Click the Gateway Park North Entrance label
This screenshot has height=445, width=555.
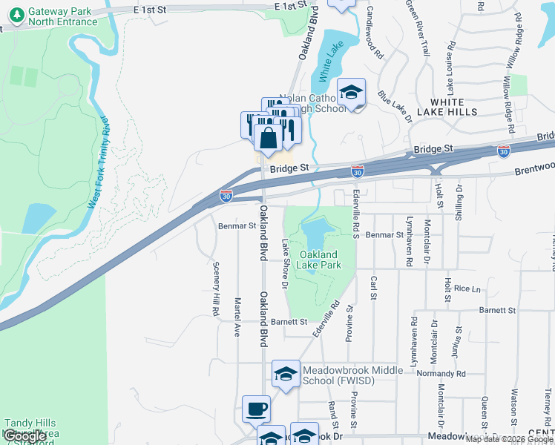coord(63,17)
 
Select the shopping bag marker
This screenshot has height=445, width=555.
coord(268,137)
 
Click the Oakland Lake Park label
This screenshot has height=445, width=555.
coord(320,260)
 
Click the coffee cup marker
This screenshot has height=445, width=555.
coord(257,409)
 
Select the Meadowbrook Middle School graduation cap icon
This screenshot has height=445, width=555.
coord(286,375)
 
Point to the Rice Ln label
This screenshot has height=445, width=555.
coord(467,288)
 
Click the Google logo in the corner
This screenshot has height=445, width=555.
coord(24,436)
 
